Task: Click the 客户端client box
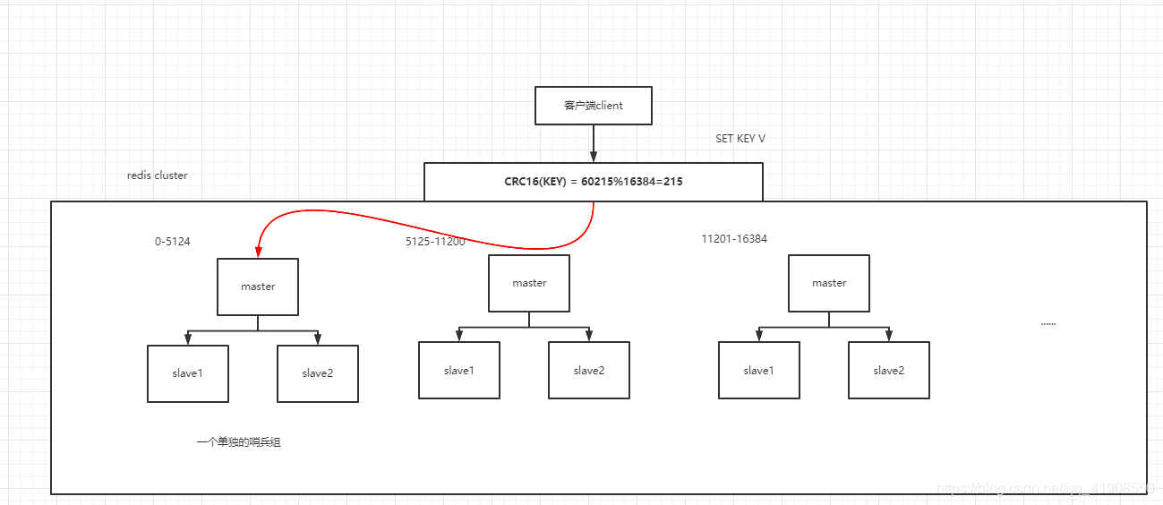[x=593, y=106]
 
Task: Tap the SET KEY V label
[x=740, y=139]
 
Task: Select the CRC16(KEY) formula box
[x=593, y=182]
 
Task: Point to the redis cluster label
[x=158, y=175]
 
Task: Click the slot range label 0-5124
[x=172, y=242]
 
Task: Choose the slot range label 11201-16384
[x=734, y=239]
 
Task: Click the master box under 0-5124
[x=258, y=287]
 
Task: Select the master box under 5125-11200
[x=529, y=283]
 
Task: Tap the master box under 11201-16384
[x=829, y=283]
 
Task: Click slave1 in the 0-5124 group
[x=188, y=373]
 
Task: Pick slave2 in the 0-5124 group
[x=318, y=373]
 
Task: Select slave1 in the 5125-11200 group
[x=459, y=370]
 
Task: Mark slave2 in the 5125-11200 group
[x=589, y=370]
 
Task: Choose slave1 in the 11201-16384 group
[x=758, y=370]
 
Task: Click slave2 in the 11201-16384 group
[x=889, y=370]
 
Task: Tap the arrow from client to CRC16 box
[x=593, y=143]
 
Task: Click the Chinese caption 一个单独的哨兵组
[x=239, y=442]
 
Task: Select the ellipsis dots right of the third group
[x=1048, y=323]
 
